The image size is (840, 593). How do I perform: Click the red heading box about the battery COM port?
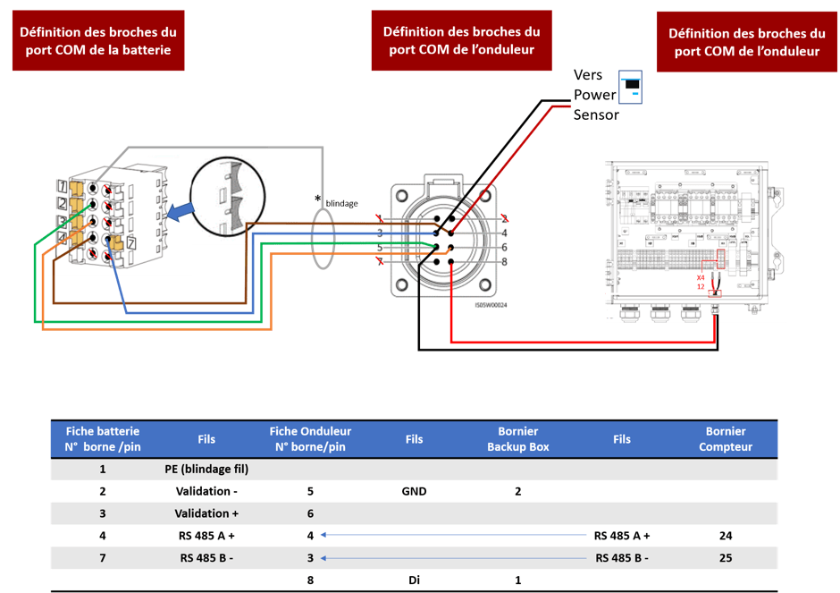point(98,40)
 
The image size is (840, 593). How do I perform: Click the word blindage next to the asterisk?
point(341,203)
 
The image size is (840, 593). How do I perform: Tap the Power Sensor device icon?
point(632,87)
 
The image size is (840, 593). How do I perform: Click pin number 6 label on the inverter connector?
point(504,247)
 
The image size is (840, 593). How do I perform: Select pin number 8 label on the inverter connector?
point(504,261)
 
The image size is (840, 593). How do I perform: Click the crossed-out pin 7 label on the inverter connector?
point(380,261)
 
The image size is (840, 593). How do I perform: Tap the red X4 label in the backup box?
point(701,277)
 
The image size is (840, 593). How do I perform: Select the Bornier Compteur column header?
point(726,438)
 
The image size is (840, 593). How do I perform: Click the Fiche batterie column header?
point(103,438)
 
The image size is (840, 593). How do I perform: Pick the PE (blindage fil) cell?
point(206,469)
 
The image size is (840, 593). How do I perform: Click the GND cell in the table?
point(414,491)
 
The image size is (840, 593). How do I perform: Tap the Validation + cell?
point(206,513)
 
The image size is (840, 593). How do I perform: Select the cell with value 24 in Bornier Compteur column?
point(726,536)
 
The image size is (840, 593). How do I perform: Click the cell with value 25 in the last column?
point(726,558)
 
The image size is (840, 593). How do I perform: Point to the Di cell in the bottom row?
point(414,580)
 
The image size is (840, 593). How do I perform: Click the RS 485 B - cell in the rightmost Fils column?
point(622,558)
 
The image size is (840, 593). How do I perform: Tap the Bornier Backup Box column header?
point(518,438)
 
